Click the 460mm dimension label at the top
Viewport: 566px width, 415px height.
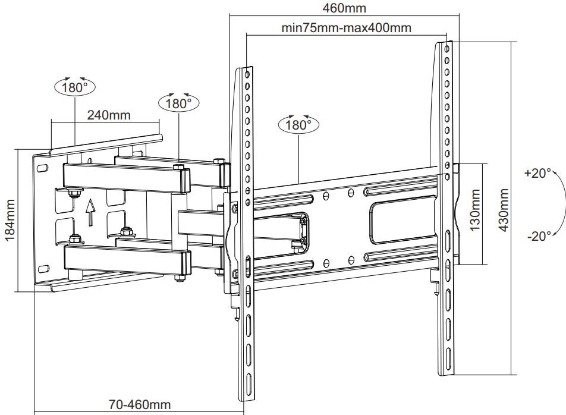point(344,8)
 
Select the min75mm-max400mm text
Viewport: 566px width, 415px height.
point(346,27)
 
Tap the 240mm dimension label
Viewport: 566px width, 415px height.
point(109,115)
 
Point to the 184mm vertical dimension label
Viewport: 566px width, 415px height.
point(10,220)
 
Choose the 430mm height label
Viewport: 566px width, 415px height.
point(504,211)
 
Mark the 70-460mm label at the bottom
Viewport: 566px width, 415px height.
point(140,405)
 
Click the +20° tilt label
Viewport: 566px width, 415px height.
point(538,174)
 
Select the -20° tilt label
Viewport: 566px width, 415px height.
point(539,236)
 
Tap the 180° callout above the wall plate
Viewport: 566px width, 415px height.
point(75,87)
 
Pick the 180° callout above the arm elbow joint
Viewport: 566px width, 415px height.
point(179,103)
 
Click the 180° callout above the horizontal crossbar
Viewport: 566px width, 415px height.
point(298,125)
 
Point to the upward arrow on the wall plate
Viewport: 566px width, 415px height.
point(90,212)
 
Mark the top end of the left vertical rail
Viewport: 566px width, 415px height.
point(246,71)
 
